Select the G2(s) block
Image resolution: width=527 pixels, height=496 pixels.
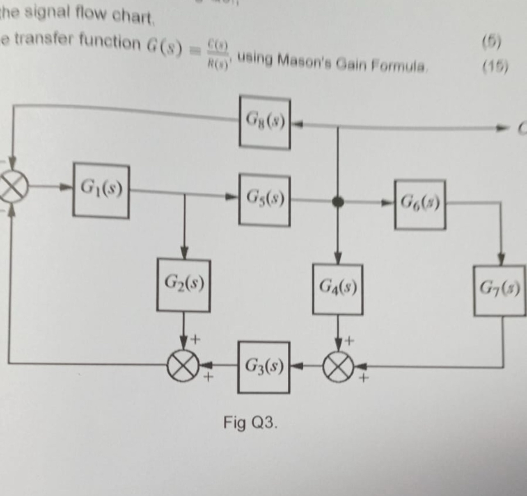point(183,285)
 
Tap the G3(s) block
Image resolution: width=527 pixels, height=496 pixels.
point(263,367)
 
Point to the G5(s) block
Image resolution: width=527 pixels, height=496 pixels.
point(265,200)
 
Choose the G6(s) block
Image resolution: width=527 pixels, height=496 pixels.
point(420,204)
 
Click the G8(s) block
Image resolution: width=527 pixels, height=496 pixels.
point(265,122)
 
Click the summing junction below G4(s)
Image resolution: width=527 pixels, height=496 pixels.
point(338,367)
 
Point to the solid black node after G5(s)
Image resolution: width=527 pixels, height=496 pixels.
point(338,202)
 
